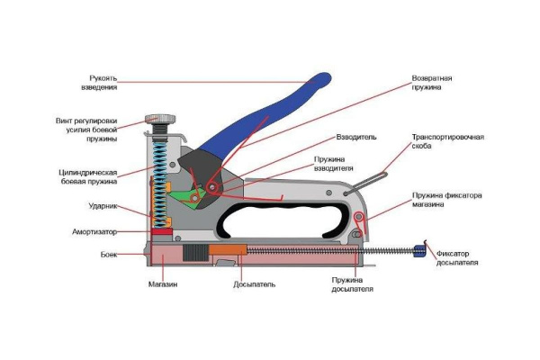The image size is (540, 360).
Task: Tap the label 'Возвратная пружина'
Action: pos(432,83)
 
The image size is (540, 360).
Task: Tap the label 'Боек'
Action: pos(108,255)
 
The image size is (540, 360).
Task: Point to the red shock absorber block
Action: pos(162,231)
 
